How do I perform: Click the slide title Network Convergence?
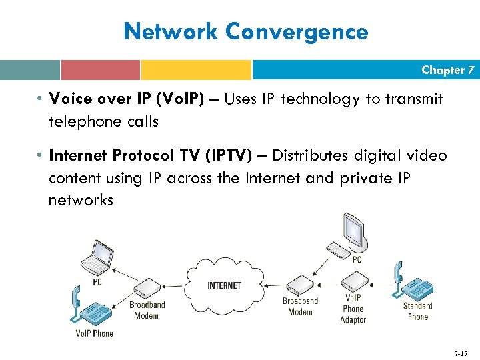tap(246, 31)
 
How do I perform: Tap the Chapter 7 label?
tap(447, 70)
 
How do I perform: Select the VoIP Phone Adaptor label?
tap(353, 309)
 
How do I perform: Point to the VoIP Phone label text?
tap(94, 333)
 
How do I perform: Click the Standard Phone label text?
tap(418, 311)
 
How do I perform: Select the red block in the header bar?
tap(100, 70)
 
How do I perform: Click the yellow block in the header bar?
tap(196, 70)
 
